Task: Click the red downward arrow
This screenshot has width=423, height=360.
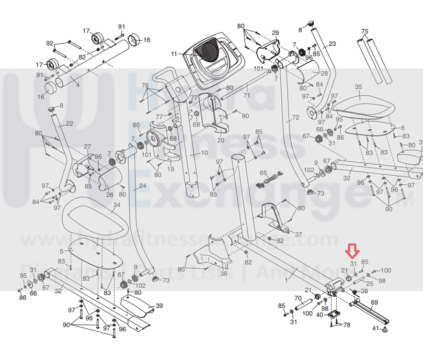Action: pyautogui.click(x=353, y=250)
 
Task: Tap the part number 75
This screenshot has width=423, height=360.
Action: pyautogui.click(x=365, y=32)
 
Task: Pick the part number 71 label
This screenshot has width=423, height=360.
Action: pyautogui.click(x=246, y=96)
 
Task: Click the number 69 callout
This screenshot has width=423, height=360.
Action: pyautogui.click(x=375, y=302)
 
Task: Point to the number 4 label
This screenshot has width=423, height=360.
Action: pyautogui.click(x=78, y=85)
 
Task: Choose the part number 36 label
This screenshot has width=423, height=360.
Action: pyautogui.click(x=224, y=273)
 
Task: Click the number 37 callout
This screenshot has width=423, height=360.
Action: pyautogui.click(x=298, y=235)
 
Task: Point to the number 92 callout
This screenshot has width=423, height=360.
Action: pyautogui.click(x=50, y=44)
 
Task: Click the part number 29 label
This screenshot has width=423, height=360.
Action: pyautogui.click(x=275, y=33)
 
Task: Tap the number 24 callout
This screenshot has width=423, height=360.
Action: pyautogui.click(x=142, y=186)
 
